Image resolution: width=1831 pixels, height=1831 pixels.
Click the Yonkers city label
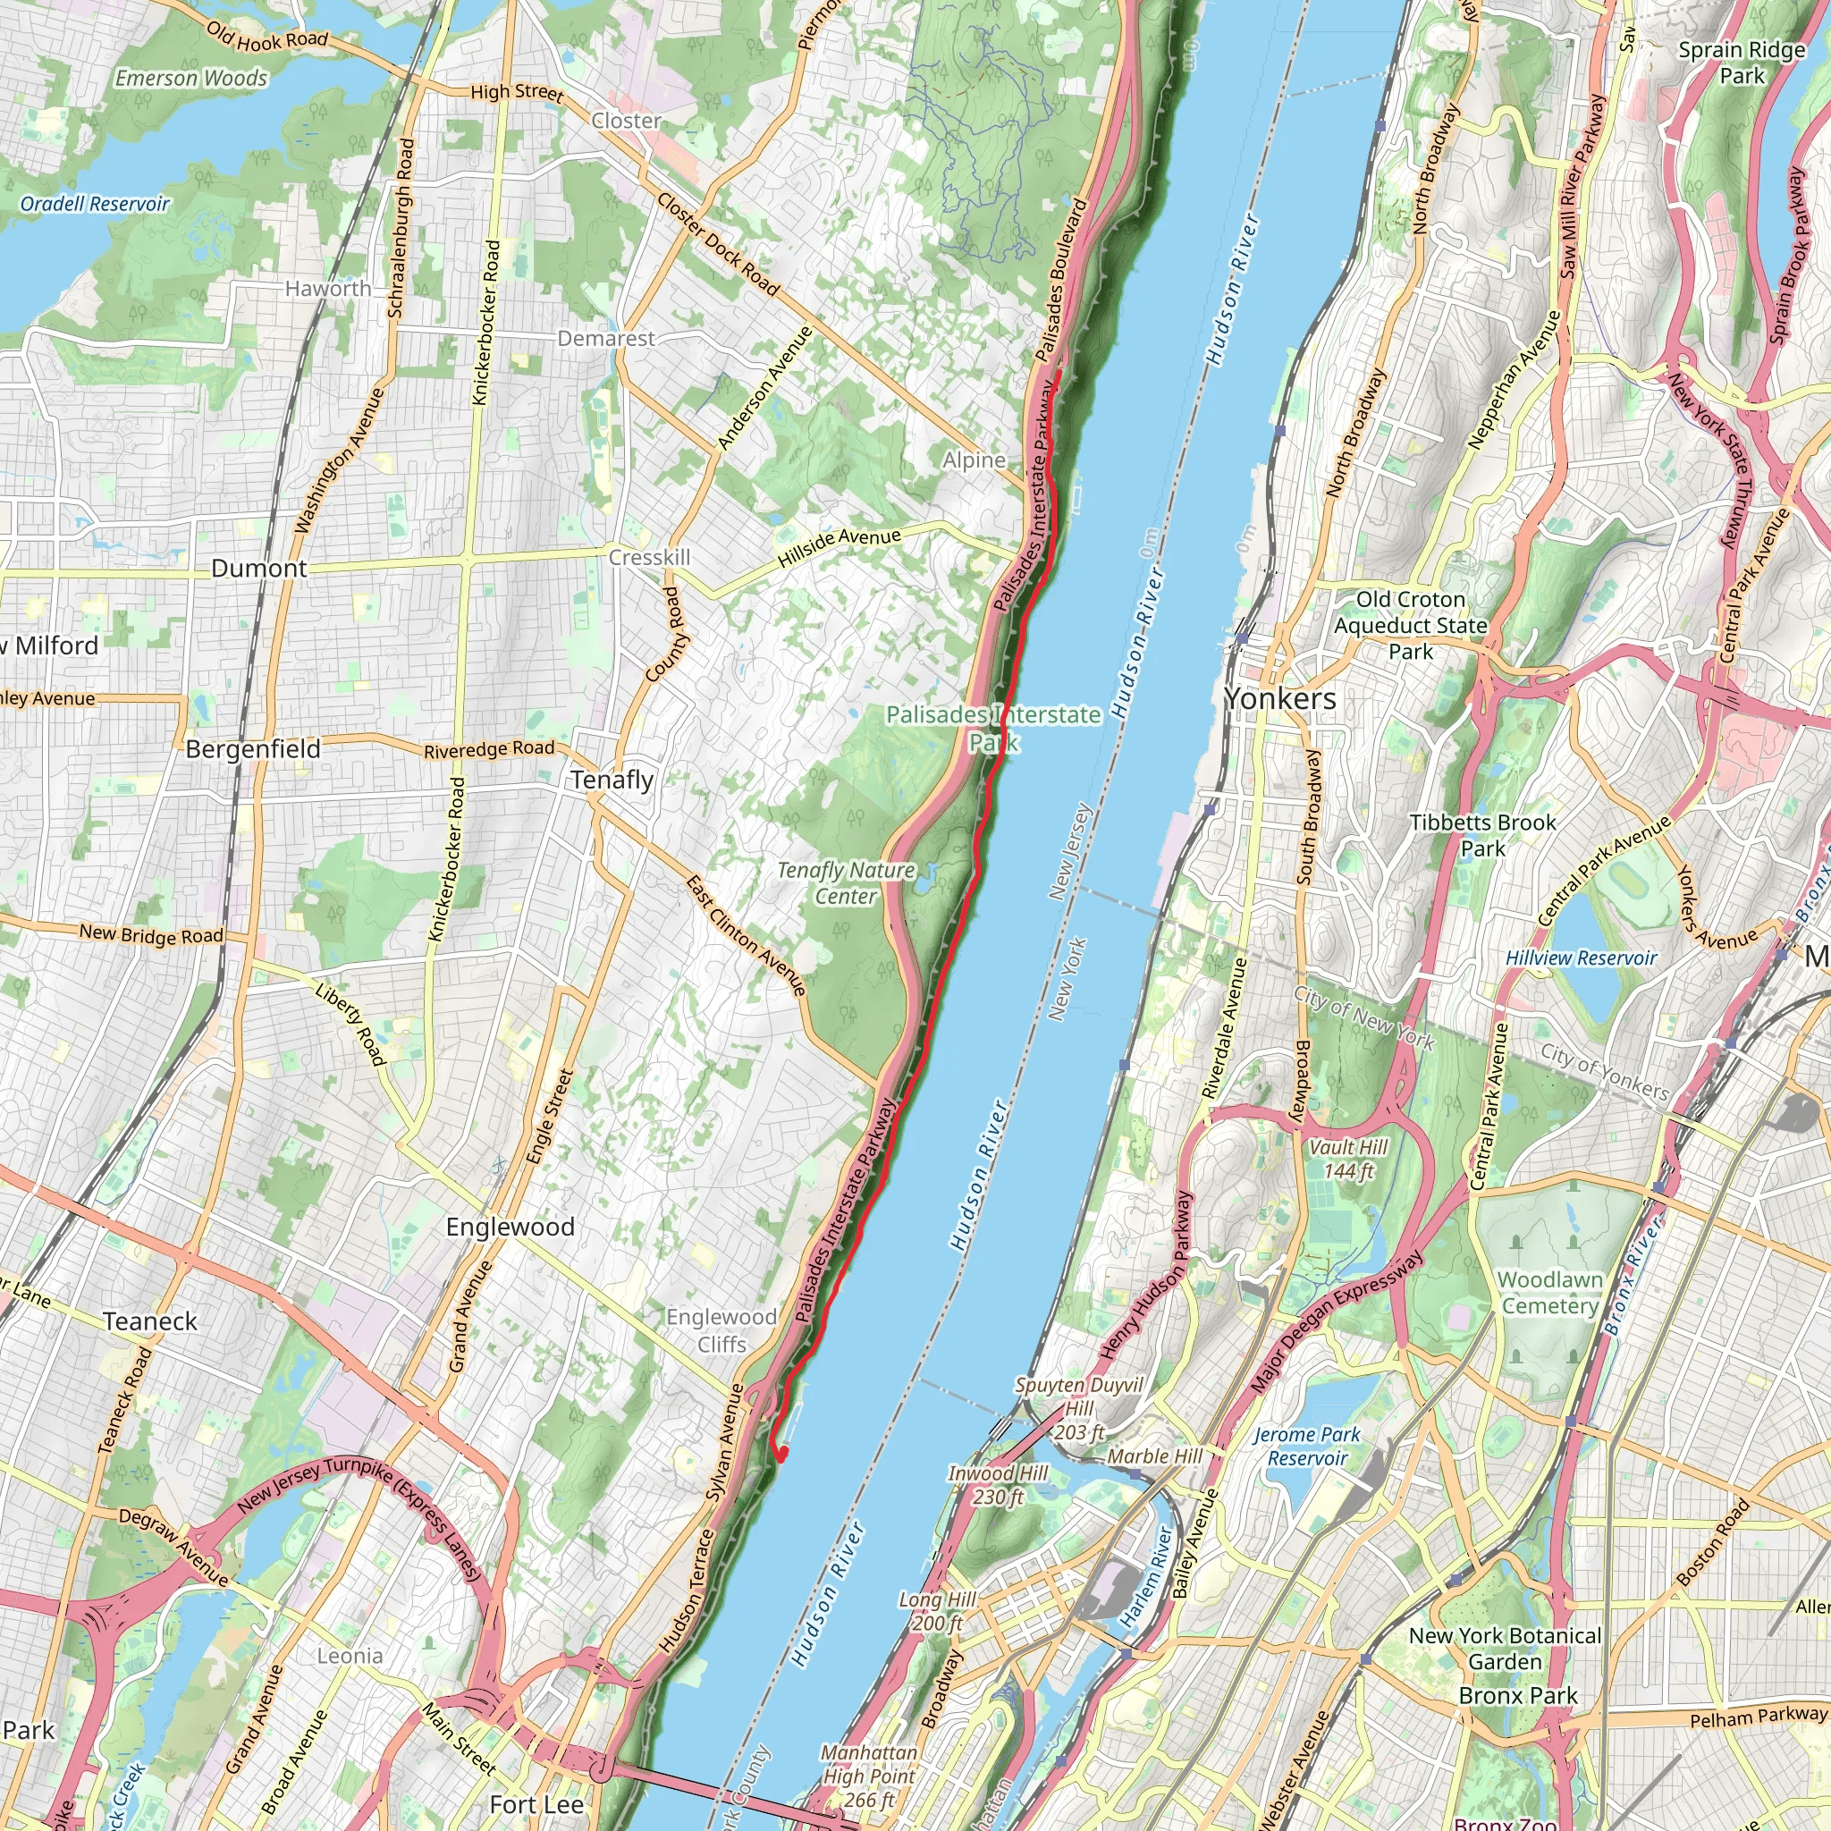[1279, 698]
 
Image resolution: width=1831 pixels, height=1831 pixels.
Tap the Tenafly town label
[612, 780]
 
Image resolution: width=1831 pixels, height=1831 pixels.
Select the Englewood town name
[510, 1227]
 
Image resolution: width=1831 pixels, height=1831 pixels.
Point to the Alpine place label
[974, 460]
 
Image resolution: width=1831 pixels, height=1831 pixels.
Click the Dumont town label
[258, 569]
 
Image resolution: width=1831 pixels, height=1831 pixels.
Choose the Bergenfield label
[252, 748]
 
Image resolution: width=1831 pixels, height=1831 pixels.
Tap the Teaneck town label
[149, 1321]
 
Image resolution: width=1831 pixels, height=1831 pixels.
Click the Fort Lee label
[536, 1804]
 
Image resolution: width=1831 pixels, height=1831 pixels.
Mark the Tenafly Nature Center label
[846, 882]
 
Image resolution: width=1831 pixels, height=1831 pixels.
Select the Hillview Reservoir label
[1581, 958]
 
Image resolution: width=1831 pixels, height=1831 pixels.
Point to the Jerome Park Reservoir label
[1307, 1447]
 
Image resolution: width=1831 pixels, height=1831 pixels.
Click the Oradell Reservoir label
[95, 204]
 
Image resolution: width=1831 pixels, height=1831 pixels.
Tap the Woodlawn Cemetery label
[1549, 1293]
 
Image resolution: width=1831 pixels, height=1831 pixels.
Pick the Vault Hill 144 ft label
[1347, 1159]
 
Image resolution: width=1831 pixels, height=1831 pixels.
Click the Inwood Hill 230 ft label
[998, 1485]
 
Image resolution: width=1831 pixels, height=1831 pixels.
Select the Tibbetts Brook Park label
[1482, 835]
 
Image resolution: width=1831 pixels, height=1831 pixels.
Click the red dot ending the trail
[783, 1452]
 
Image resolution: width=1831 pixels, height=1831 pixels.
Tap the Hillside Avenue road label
[839, 548]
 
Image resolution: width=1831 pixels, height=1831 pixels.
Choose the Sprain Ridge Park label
[1741, 63]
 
